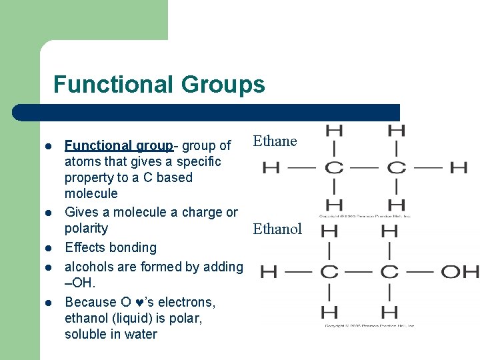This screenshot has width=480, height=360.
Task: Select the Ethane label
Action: pyautogui.click(x=275, y=141)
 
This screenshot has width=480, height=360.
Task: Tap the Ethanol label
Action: pyautogui.click(x=277, y=229)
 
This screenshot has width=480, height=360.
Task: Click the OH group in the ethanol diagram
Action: pyautogui.click(x=461, y=271)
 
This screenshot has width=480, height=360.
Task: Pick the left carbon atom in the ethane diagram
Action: pyautogui.click(x=334, y=167)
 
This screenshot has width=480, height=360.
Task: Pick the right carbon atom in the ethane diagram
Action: pyautogui.click(x=396, y=167)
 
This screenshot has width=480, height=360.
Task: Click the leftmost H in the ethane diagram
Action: pyautogui.click(x=271, y=167)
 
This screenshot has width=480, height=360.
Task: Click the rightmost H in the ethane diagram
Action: pyautogui.click(x=458, y=167)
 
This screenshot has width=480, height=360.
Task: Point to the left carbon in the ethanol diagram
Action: pyautogui.click(x=329, y=271)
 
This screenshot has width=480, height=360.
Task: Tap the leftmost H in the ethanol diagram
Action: pyautogui.click(x=268, y=271)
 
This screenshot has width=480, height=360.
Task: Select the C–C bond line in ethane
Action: pyautogui.click(x=365, y=167)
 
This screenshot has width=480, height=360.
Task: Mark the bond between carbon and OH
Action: pyautogui.click(x=423, y=271)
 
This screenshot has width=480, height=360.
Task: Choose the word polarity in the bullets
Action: pyautogui.click(x=86, y=229)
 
